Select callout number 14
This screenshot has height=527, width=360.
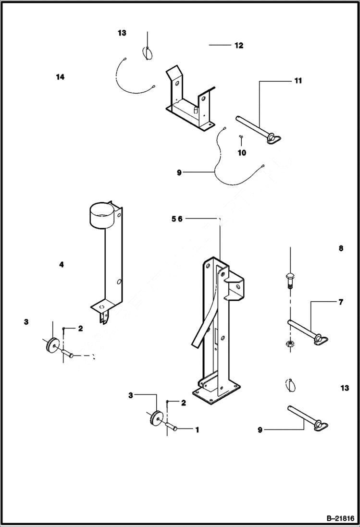(60, 77)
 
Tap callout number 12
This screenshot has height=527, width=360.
(239, 46)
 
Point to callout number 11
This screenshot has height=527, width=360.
(298, 81)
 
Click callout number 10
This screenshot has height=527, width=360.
(242, 153)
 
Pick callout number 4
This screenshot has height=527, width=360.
(62, 264)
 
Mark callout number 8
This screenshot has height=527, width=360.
(341, 248)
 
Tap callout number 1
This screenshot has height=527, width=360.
(197, 430)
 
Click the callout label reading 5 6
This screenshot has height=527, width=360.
(177, 219)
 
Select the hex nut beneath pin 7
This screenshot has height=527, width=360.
(290, 343)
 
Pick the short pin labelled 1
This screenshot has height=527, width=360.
(172, 426)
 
